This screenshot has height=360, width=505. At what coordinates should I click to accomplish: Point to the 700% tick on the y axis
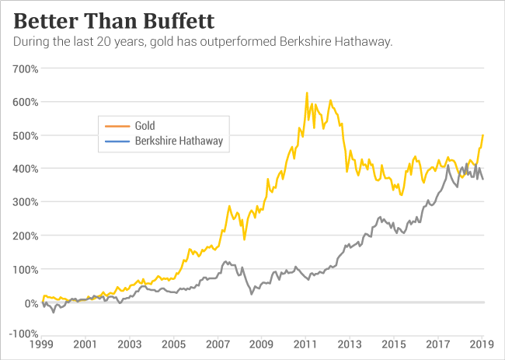(26, 68)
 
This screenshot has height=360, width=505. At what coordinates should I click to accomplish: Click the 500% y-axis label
(26, 135)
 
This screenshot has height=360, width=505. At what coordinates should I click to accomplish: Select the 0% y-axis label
(30, 303)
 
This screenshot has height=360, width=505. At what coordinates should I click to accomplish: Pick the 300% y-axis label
(26, 202)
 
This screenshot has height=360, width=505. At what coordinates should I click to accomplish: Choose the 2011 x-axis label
(305, 343)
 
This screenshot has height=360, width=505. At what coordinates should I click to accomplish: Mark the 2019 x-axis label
(482, 343)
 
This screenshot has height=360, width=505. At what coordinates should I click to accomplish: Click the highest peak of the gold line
(307, 93)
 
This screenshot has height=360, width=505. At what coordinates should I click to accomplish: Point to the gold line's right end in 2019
(483, 135)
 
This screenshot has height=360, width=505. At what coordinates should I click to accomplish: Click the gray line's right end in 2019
(483, 180)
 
